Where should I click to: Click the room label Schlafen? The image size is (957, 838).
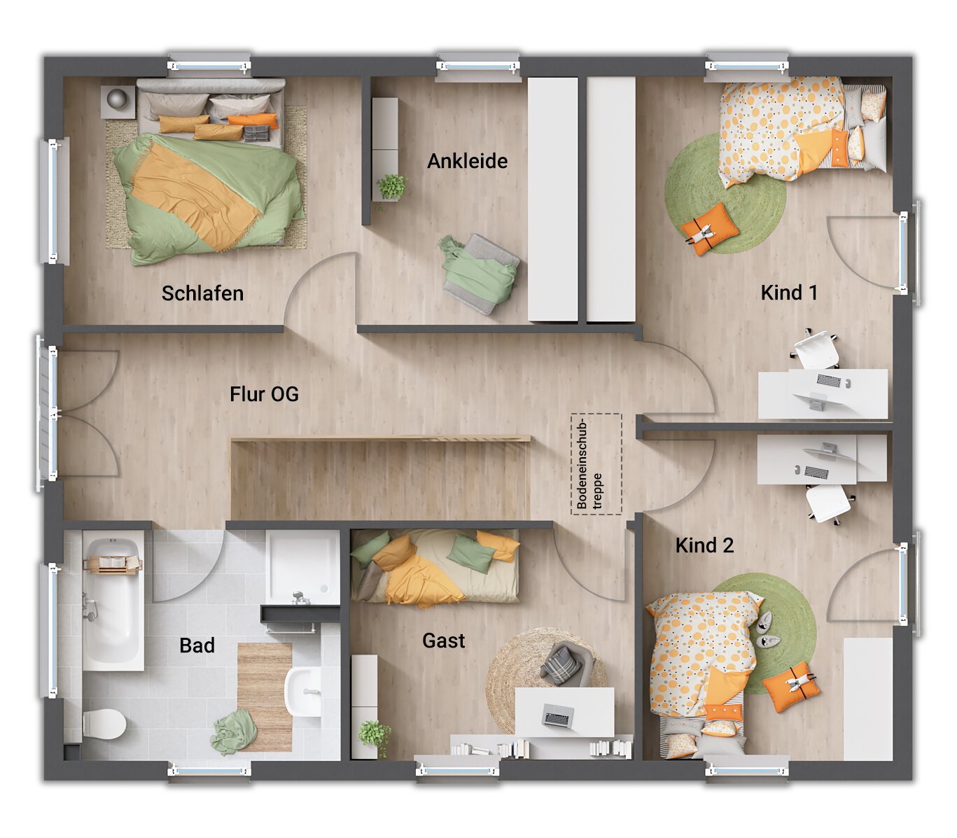[202, 293]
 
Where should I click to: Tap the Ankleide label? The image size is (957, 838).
[467, 161]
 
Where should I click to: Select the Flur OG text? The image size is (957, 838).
[264, 394]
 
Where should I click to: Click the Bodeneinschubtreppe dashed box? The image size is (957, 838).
[596, 464]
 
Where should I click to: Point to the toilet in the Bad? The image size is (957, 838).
[104, 724]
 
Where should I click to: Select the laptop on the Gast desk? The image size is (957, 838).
[559, 715]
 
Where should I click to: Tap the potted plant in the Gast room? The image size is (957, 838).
[374, 735]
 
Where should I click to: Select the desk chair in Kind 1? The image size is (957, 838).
[817, 349]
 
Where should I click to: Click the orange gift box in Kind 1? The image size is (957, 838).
[710, 228]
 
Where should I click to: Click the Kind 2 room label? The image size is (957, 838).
[704, 545]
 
